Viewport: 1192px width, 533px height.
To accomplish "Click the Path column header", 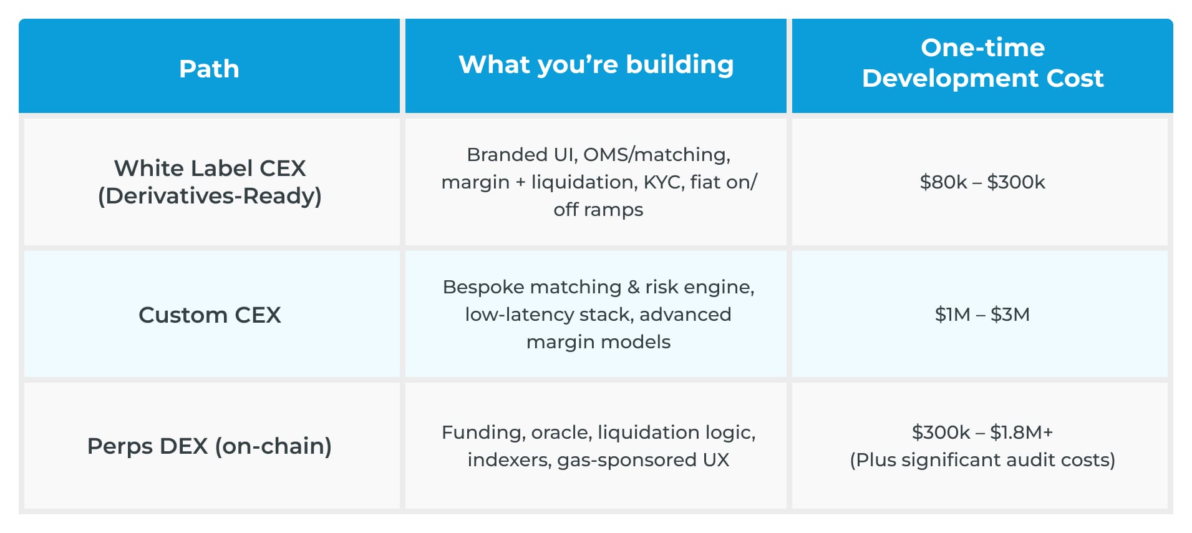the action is coord(209,69).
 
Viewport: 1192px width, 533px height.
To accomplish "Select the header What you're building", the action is coord(596,64).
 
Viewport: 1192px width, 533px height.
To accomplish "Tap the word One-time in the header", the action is coord(982,47).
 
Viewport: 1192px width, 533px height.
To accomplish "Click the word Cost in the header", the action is coord(1075,78).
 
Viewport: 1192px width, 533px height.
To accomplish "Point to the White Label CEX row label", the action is coord(210,168).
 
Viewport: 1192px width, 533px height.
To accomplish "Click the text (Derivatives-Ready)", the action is coord(210,196).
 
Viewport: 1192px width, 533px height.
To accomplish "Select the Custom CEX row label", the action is coord(210,315).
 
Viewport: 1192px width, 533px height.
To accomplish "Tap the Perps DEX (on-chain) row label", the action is coord(210,446).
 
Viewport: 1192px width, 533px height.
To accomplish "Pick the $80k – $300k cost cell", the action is coord(982,182).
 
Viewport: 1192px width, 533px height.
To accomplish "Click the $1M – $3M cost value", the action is coord(982,314).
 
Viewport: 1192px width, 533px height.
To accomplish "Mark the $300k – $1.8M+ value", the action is coord(982,432).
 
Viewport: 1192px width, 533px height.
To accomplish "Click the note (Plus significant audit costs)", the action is coord(982,460).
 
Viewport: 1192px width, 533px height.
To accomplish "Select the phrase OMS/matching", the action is coord(657,155).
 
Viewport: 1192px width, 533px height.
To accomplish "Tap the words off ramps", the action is coord(598,210).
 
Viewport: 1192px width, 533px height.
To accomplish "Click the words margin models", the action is coord(598,342).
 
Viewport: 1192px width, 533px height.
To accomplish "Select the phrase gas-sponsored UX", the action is coord(643,460).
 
